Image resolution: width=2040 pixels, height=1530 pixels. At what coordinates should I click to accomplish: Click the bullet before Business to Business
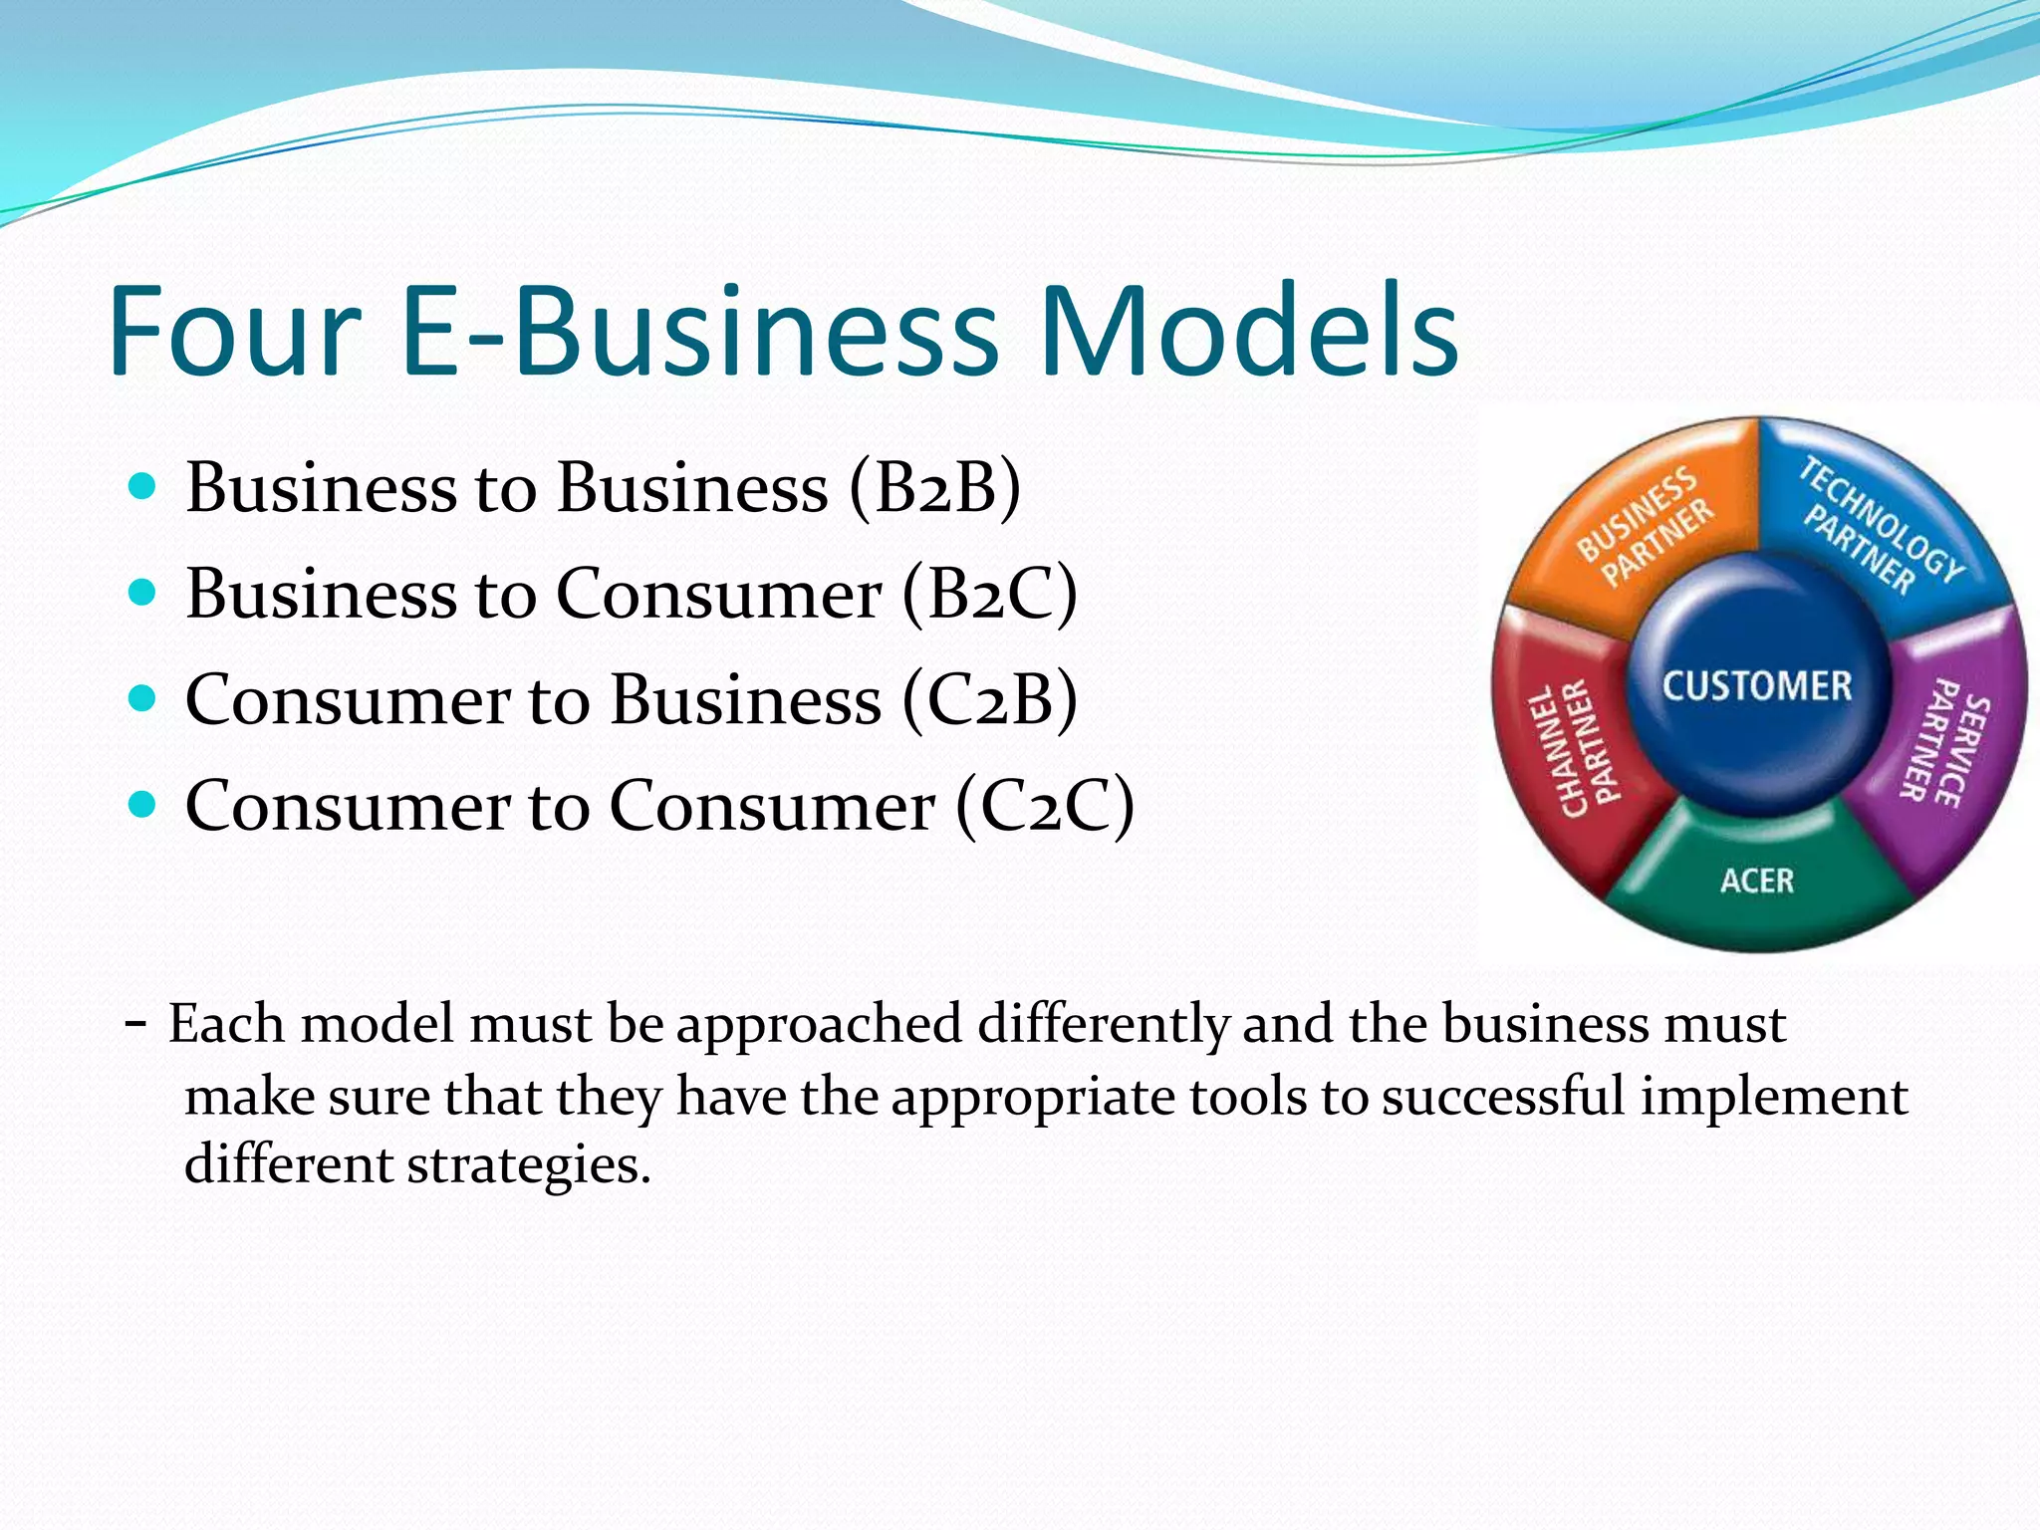[143, 487]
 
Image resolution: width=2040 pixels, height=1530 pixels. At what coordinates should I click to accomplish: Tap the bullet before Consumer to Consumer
[143, 804]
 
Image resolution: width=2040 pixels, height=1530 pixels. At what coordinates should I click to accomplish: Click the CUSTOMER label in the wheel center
[1756, 686]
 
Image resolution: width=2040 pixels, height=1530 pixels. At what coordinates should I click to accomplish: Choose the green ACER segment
[1757, 881]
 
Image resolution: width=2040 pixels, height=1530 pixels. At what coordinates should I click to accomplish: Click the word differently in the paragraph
[1103, 1024]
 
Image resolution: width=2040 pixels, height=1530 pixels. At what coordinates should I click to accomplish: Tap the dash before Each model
[136, 1022]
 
